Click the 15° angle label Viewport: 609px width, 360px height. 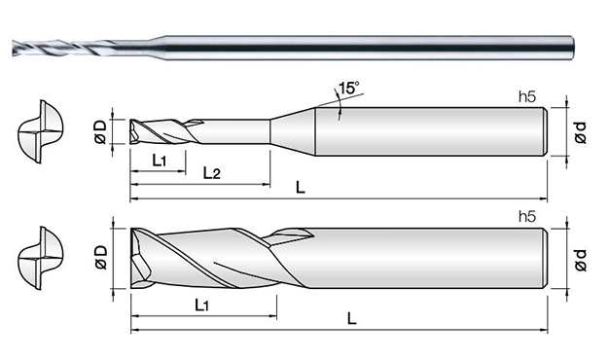(349, 89)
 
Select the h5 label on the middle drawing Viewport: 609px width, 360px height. (527, 96)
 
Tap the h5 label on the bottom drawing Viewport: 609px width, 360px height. (527, 217)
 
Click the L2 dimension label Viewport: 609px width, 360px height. (212, 173)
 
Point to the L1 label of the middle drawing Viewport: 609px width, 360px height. (160, 160)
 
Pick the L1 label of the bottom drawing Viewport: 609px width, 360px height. (202, 306)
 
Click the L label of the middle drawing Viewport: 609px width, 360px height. (301, 188)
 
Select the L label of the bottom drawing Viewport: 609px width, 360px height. (351, 319)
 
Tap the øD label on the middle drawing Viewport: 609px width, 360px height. (100, 131)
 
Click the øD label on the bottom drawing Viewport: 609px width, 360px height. (100, 257)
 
